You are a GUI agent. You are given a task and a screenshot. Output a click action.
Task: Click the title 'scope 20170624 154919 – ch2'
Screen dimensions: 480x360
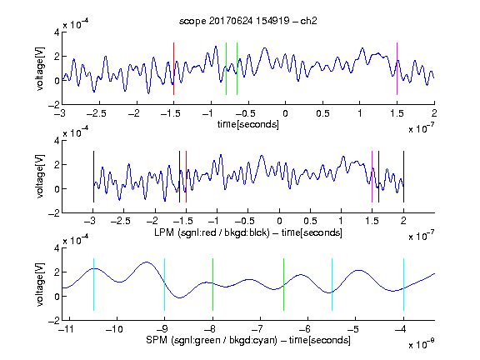pyautogui.click(x=248, y=21)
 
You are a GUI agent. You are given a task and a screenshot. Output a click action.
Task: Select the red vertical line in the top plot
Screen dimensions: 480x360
pyautogui.click(x=173, y=69)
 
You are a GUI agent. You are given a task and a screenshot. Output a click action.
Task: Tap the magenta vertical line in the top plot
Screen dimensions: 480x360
pyautogui.click(x=397, y=69)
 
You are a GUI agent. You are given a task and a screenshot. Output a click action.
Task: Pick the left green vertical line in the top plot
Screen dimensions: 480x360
pyautogui.click(x=226, y=69)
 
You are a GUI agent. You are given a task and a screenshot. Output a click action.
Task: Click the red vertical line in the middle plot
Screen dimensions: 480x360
pyautogui.click(x=186, y=177)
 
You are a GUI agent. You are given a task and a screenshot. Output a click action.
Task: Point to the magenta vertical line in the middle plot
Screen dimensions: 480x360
pyautogui.click(x=372, y=177)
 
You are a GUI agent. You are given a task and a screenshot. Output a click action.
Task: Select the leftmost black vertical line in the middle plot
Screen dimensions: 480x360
pyautogui.click(x=93, y=177)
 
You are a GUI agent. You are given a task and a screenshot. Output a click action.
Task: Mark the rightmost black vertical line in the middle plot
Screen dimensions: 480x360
pyautogui.click(x=403, y=177)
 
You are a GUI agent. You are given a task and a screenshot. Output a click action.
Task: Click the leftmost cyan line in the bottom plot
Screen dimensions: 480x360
pyautogui.click(x=93, y=285)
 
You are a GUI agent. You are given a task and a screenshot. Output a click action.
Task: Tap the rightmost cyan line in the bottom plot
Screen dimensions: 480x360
pyautogui.click(x=403, y=285)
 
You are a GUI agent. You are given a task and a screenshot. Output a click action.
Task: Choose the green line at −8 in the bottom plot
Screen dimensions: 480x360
pyautogui.click(x=212, y=285)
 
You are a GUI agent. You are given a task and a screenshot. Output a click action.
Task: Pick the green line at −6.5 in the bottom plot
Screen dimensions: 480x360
pyautogui.click(x=284, y=285)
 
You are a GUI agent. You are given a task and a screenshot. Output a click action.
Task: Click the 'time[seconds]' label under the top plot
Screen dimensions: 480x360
pyautogui.click(x=248, y=124)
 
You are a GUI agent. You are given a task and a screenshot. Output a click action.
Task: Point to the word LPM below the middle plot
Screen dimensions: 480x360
pyautogui.click(x=164, y=232)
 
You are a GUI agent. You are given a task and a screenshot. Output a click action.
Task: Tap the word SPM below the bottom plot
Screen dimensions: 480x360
pyautogui.click(x=156, y=340)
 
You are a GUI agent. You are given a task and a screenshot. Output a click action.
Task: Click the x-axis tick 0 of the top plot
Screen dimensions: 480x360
pyautogui.click(x=285, y=113)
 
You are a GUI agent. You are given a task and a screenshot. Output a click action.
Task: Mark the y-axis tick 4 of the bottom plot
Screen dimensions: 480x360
pyautogui.click(x=57, y=248)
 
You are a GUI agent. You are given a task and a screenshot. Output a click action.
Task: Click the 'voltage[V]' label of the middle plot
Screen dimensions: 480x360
pyautogui.click(x=40, y=177)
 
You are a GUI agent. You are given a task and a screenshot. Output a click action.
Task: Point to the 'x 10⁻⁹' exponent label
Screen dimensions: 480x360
pyautogui.click(x=422, y=344)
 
